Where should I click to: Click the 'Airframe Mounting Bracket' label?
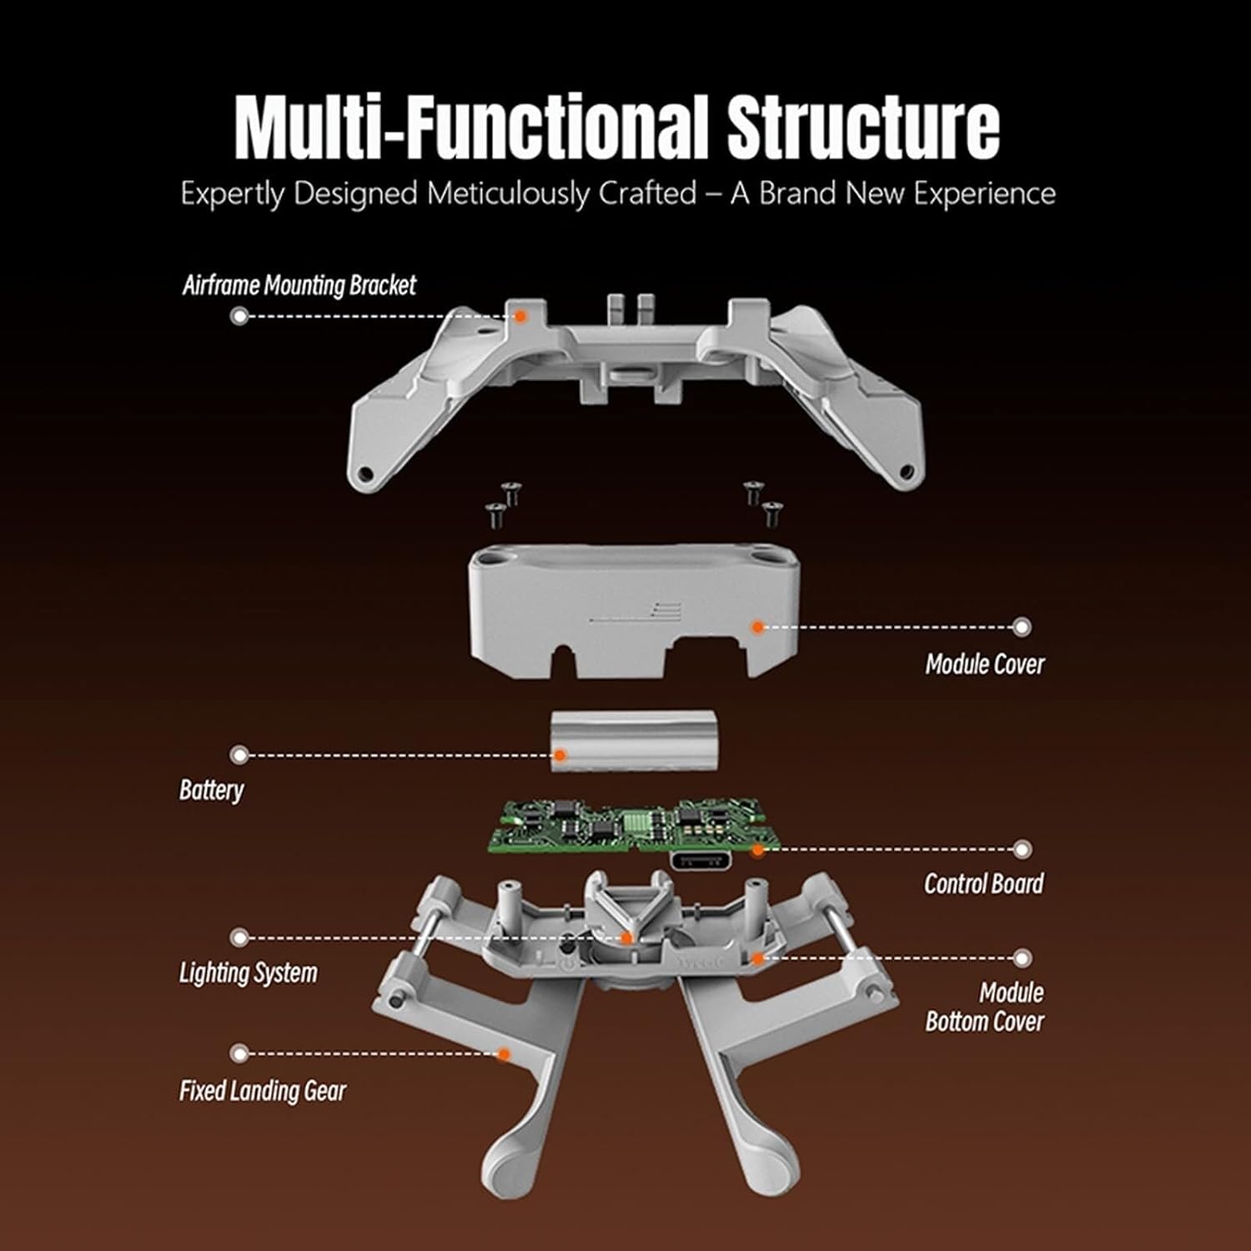coord(299,286)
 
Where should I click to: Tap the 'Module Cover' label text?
coord(984,665)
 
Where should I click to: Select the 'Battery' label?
coord(211,790)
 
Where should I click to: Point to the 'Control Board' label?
coord(983,884)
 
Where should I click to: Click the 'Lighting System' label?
coord(248,973)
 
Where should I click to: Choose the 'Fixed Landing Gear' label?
coord(262,1091)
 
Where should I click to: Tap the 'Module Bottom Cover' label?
coord(984,1007)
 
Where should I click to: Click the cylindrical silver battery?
coord(634,740)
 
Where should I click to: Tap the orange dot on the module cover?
coord(757,625)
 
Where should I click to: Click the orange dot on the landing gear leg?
coord(504,1054)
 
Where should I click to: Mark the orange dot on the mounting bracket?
coord(520,316)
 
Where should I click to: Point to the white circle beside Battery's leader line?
coord(239,756)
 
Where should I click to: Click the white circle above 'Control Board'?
coord(1022,850)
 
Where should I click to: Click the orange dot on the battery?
coord(560,756)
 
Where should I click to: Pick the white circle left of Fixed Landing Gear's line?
coord(239,1054)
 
